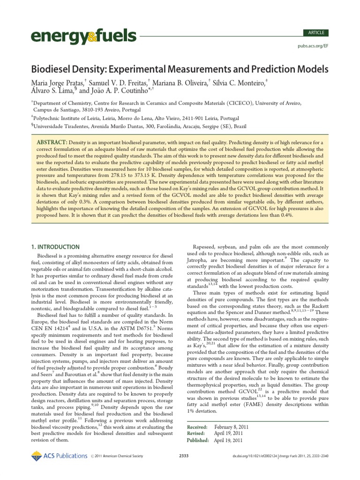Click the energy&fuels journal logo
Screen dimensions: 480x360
83,36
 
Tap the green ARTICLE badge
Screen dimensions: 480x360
316,33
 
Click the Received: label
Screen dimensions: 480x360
197,427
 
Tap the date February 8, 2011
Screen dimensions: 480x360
232,427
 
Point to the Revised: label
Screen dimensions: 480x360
196,434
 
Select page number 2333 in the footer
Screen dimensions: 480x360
184,456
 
